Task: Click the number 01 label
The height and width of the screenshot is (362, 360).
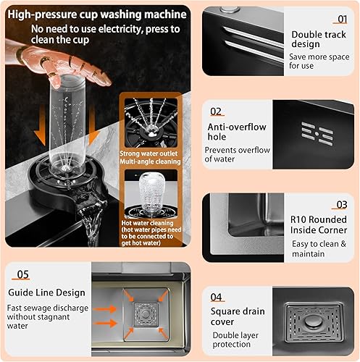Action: [342, 20]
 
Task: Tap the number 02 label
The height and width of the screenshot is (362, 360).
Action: [216, 111]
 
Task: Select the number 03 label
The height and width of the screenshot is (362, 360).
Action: [342, 205]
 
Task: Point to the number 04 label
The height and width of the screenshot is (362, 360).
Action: [216, 297]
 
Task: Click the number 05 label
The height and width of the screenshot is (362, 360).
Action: [23, 274]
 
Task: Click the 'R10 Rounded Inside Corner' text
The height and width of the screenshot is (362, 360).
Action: [319, 224]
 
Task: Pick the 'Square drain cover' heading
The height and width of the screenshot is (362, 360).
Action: [233, 316]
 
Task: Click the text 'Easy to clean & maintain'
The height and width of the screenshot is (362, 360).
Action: [319, 250]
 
